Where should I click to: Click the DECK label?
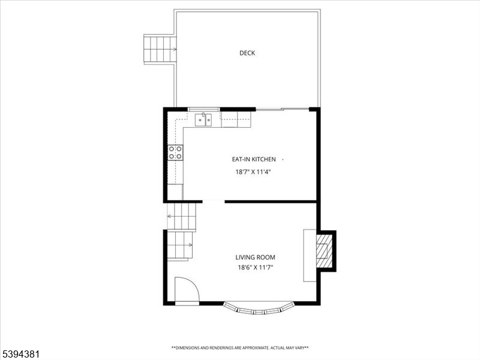tap(247, 53)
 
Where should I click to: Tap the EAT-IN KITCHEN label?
tap(254, 159)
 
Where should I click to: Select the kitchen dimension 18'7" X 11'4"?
tap(254, 172)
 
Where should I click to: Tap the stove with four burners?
tap(175, 152)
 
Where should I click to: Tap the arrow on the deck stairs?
tap(174, 49)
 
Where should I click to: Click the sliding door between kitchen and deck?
tap(282, 109)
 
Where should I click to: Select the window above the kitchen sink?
tap(204, 109)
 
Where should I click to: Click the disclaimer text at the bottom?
tap(240, 347)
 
